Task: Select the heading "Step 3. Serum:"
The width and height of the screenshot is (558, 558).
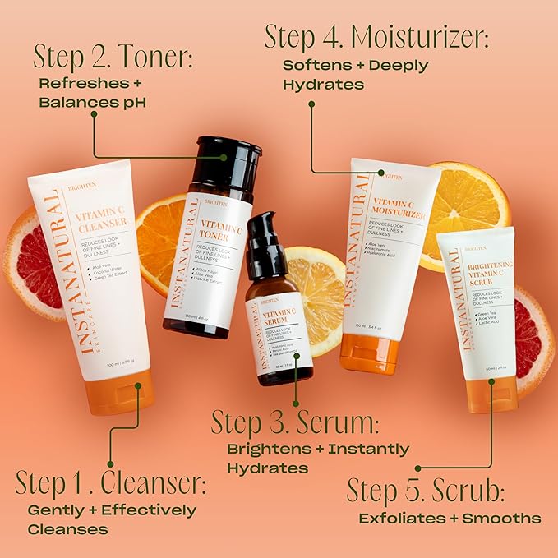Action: tap(295, 423)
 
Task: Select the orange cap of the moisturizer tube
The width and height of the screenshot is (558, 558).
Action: tap(369, 353)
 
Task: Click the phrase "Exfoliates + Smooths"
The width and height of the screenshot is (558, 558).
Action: tap(450, 518)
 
